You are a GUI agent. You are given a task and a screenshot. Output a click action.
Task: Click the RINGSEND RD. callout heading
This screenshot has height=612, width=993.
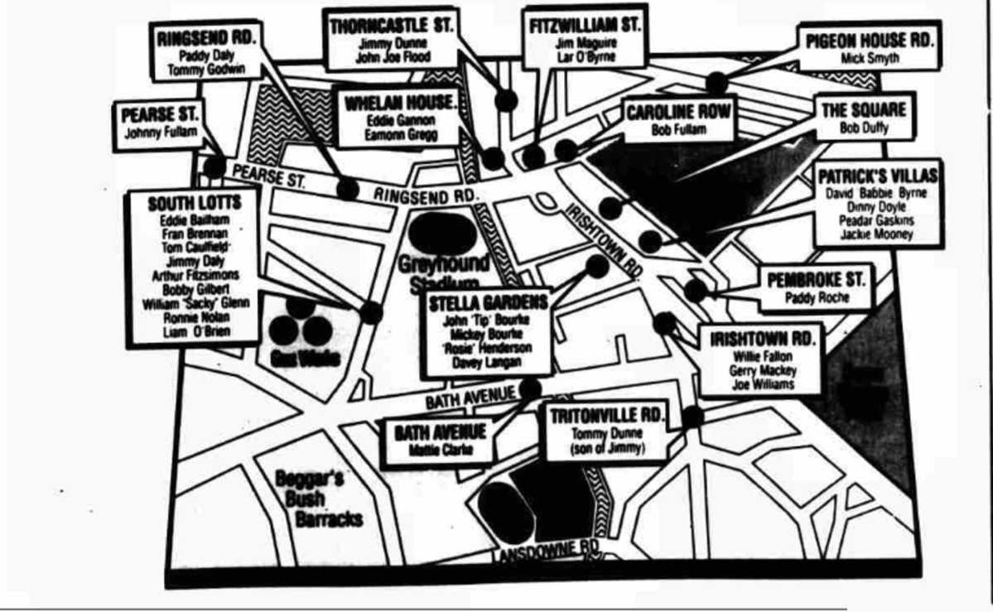click(x=208, y=37)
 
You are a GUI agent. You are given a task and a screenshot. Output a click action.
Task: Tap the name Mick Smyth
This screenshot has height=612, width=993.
click(x=869, y=59)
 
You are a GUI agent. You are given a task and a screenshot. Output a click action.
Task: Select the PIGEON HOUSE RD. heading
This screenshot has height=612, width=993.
click(x=870, y=41)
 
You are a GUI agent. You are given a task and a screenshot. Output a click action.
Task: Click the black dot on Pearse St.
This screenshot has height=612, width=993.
click(x=215, y=166)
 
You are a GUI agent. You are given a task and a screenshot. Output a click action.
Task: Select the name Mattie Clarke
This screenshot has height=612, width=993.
click(x=441, y=451)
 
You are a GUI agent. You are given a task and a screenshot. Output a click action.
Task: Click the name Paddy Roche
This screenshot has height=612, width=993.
click(x=815, y=298)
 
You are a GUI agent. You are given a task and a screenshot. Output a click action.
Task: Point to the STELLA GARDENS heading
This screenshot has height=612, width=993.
click(x=488, y=302)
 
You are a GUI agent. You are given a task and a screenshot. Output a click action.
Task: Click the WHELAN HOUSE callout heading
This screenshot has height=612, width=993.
click(x=400, y=104)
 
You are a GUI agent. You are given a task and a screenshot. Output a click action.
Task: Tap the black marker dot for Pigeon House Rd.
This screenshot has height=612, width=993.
click(x=716, y=83)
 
